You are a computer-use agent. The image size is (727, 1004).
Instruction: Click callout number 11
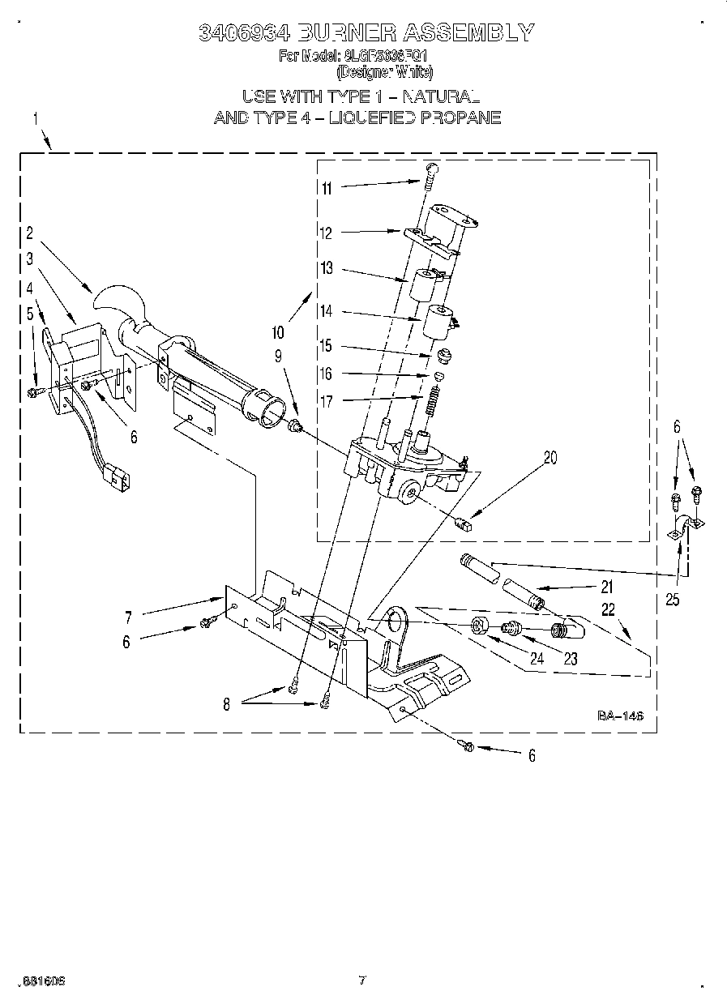tap(327, 189)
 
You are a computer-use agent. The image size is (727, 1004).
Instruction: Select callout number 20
tap(550, 458)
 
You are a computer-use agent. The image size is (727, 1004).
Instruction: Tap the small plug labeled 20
tap(465, 523)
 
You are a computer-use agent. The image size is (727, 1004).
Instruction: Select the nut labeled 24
tap(479, 626)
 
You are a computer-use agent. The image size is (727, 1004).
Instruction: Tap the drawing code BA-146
tap(620, 716)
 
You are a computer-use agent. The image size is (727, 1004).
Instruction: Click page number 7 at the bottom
tap(362, 980)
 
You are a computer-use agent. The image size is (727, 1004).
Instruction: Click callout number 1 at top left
tap(35, 119)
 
